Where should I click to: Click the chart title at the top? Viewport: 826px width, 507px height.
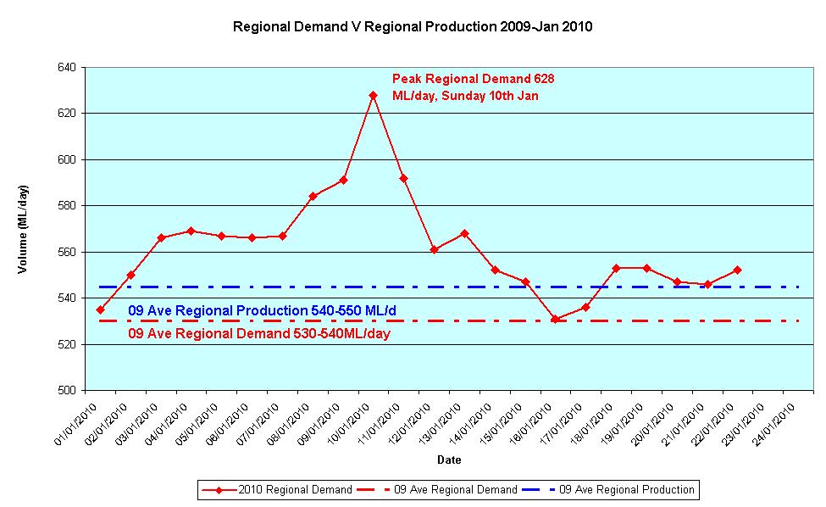413,26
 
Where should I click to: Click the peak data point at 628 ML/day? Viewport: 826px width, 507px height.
373,95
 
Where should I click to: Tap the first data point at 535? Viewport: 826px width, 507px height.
100,309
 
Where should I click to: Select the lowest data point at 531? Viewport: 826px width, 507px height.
555,319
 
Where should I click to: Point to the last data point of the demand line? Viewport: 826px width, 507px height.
738,270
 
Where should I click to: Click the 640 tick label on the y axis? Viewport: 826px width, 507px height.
66,67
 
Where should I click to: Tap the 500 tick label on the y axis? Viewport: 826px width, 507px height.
66,391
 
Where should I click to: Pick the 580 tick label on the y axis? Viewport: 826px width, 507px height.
66,206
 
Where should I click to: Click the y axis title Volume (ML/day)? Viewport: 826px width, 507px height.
24,229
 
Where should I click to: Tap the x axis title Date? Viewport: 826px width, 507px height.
449,460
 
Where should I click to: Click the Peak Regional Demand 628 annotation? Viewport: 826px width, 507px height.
473,86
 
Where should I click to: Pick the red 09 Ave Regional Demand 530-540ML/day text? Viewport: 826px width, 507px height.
259,334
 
